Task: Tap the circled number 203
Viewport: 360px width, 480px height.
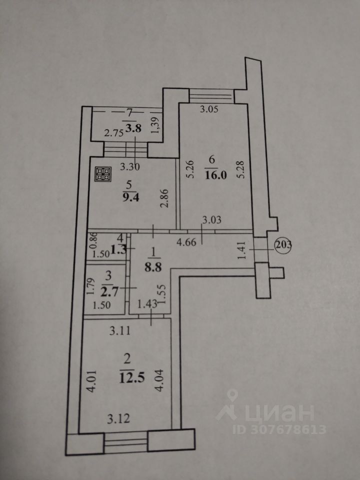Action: point(283,245)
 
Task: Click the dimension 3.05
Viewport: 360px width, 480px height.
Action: point(209,109)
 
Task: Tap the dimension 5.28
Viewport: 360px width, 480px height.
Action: point(241,171)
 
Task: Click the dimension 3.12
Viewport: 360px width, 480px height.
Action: point(120,419)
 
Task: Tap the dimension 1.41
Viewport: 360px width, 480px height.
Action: point(241,250)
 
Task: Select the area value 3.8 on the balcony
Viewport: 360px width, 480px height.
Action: point(133,128)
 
